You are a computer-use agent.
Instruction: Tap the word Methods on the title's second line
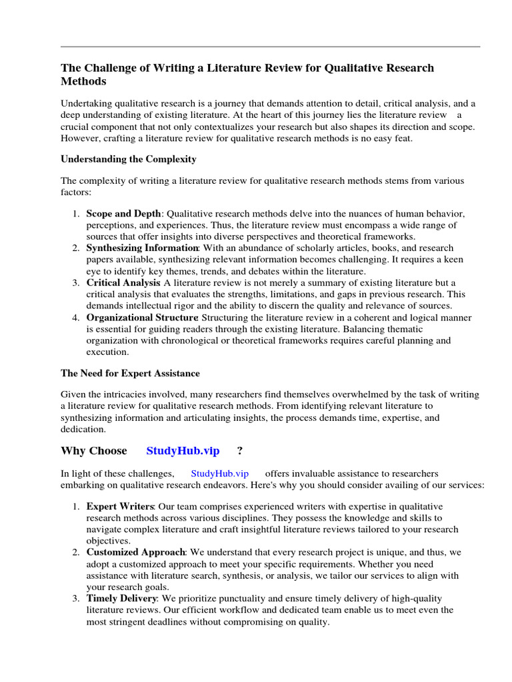pos(83,81)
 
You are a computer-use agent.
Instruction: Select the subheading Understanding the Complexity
pos(129,159)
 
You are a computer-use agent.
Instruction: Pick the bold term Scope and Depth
pos(123,214)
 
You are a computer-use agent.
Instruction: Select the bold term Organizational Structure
pos(142,318)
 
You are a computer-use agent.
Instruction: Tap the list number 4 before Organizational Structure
pos(75,318)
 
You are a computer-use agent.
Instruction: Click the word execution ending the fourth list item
pos(107,352)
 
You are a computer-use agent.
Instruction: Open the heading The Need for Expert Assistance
pos(130,374)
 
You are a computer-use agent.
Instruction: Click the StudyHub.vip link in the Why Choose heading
pos(183,451)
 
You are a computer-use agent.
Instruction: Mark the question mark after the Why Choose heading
pos(239,451)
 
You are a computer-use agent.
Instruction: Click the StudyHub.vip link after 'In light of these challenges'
pos(219,474)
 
